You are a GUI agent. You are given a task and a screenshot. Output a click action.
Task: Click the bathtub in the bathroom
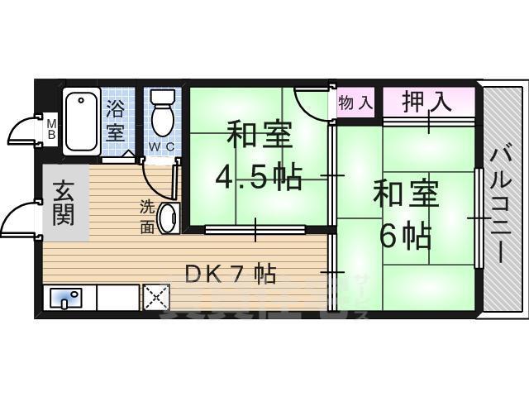82,121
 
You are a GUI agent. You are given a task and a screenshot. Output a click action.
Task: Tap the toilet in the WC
163,115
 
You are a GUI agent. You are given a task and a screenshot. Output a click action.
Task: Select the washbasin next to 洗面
168,219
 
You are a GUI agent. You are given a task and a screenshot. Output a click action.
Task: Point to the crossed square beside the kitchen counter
155,297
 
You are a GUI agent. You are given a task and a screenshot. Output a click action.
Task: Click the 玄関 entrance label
64,203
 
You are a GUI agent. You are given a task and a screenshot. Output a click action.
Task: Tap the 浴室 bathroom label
115,121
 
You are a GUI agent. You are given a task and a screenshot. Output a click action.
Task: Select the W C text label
160,148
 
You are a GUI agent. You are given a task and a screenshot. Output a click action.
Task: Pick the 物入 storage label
356,104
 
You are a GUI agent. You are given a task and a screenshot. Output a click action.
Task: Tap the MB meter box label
51,128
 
